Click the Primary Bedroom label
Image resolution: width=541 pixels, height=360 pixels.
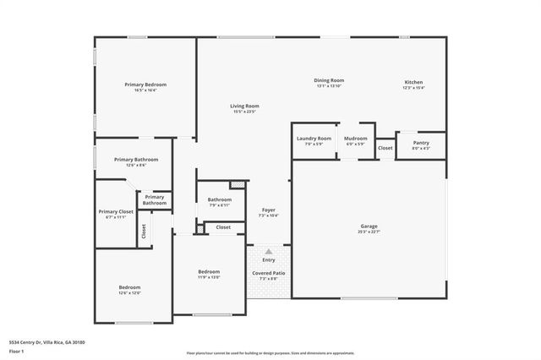145,85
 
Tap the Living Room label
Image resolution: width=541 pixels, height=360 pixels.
244,106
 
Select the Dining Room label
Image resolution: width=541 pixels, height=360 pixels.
331,80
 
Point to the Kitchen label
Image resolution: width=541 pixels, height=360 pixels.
413,82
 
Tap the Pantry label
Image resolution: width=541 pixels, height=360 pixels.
421,143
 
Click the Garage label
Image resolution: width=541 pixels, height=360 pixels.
369,226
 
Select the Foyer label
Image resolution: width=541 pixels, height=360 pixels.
268,210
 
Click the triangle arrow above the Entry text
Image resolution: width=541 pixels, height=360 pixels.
268,251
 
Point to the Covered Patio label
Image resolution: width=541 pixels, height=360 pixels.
268,273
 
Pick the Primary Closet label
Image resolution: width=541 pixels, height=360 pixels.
116,211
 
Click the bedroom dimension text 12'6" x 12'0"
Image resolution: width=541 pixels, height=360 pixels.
129,293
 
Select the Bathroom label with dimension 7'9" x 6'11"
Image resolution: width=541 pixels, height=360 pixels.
219,199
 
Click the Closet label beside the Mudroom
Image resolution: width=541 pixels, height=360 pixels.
385,148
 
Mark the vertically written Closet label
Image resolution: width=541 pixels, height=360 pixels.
144,230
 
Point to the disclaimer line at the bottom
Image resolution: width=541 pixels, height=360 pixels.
270,352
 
